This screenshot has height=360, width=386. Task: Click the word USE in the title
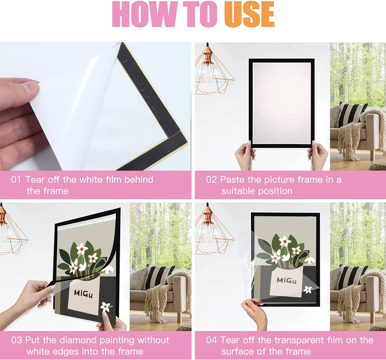pyautogui.click(x=249, y=15)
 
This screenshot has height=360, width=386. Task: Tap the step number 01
pyautogui.click(x=16, y=180)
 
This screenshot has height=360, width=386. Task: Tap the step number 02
pyautogui.click(x=212, y=180)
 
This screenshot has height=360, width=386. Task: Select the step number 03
pyautogui.click(x=16, y=340)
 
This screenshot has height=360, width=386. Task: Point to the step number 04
pyautogui.click(x=212, y=340)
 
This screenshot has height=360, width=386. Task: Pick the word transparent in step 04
pyautogui.click(x=303, y=340)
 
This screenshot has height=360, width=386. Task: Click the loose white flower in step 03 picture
pyautogui.click(x=105, y=306)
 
